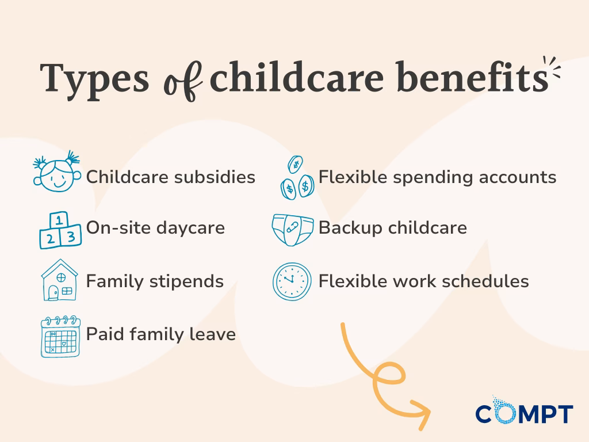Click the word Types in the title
(95, 79)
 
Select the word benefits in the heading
(472, 77)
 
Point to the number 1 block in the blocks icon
(59, 219)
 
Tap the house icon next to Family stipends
(59, 280)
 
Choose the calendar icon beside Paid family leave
(60, 336)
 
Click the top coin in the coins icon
(295, 165)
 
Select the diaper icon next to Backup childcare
(293, 230)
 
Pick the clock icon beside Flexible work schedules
(292, 281)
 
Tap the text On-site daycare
(155, 228)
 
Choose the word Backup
(350, 228)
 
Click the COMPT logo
(524, 411)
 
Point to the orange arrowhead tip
(429, 410)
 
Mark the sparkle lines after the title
(552, 68)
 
